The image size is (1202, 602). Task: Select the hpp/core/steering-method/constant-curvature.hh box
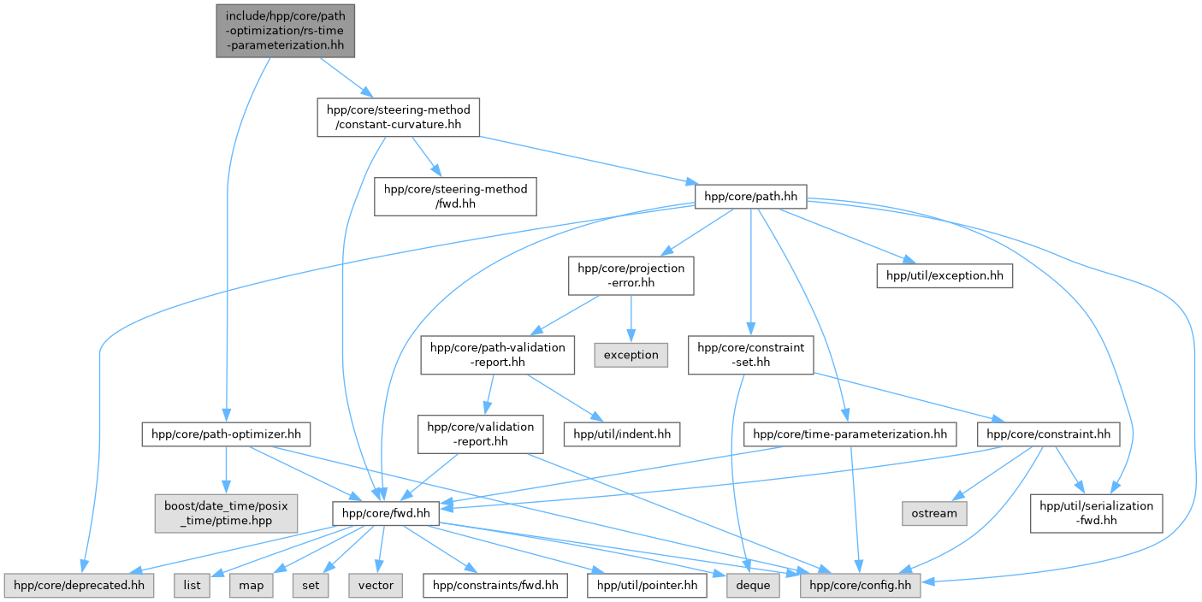click(397, 117)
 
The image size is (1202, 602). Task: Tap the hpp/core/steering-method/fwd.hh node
click(456, 196)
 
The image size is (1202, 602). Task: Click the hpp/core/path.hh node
click(750, 197)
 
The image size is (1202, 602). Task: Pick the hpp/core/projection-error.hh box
click(631, 275)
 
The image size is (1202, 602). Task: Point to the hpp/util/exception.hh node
click(944, 275)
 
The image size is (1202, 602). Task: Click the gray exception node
click(631, 354)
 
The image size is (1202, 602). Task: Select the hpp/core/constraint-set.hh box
click(750, 354)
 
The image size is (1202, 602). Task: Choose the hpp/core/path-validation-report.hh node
click(497, 354)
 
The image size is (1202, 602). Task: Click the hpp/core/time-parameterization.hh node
click(850, 434)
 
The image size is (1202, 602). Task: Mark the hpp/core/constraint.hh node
click(1048, 434)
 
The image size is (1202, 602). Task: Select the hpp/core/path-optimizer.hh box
click(226, 434)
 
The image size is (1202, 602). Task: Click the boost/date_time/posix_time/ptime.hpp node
click(226, 513)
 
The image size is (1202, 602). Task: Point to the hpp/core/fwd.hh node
click(386, 513)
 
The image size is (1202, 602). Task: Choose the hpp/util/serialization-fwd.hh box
click(1096, 513)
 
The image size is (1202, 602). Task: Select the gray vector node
click(376, 586)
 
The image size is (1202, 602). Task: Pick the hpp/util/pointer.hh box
click(647, 586)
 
